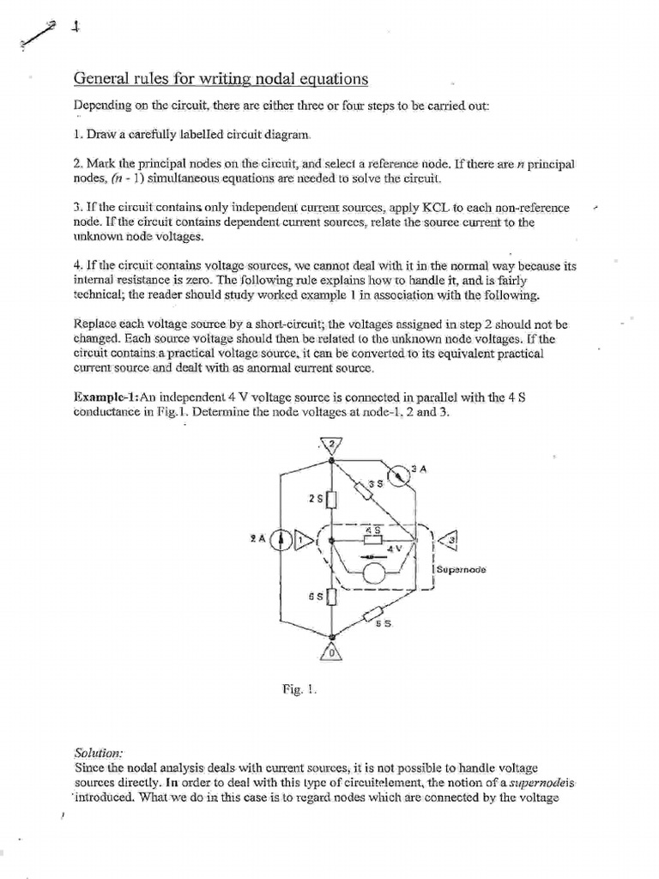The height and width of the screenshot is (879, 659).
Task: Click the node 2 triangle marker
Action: pos(331,445)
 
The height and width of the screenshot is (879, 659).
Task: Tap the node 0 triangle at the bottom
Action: pos(331,652)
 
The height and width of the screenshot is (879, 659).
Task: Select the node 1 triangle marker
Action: pos(302,540)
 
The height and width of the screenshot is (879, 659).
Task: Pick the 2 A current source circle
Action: pos(281,540)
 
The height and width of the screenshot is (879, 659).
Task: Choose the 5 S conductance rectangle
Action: pos(373,614)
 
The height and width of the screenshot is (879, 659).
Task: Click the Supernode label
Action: pos(461,569)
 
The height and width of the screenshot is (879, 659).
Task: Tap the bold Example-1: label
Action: pos(106,397)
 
